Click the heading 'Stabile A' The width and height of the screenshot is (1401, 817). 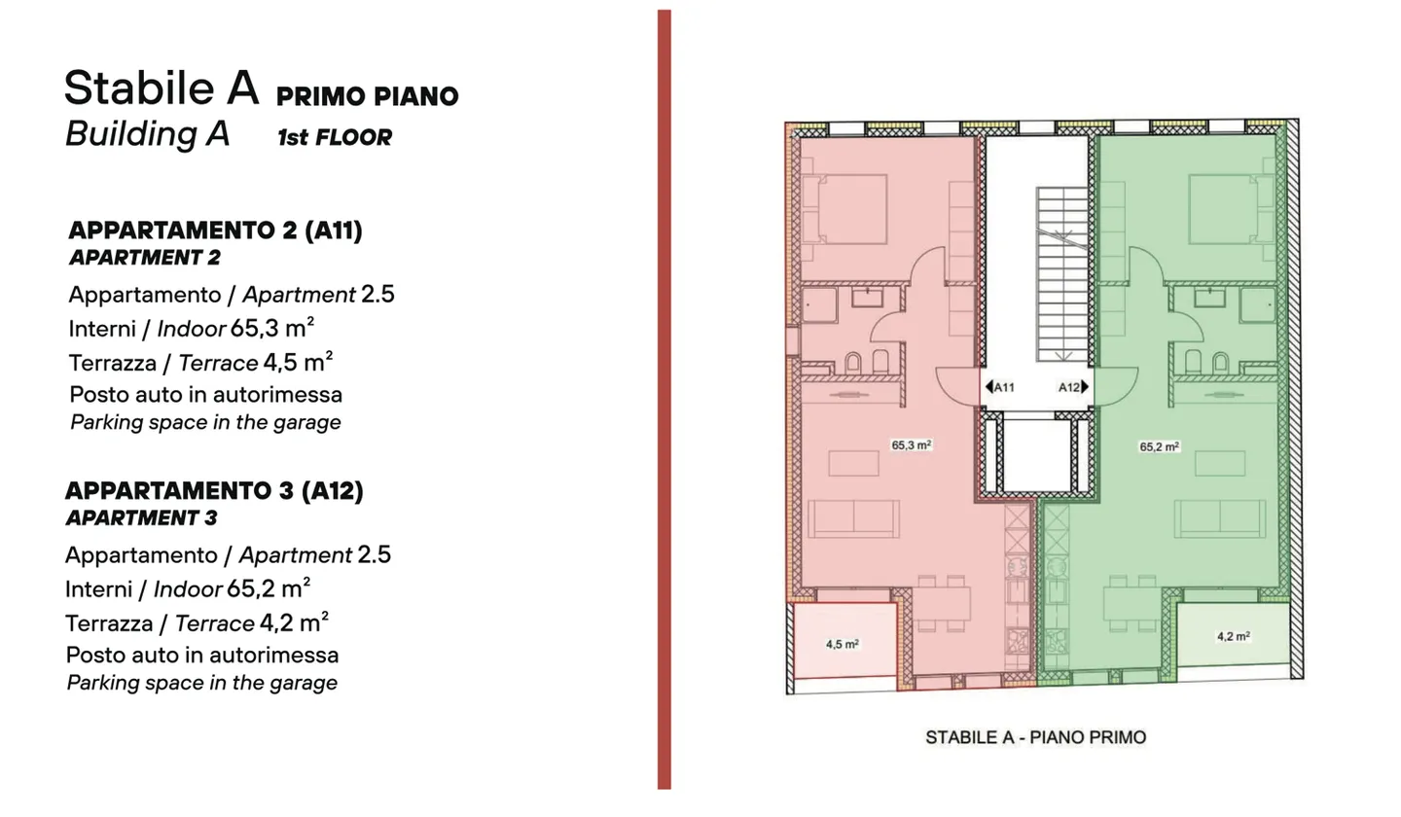click(x=162, y=89)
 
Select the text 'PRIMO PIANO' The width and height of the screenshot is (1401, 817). click(x=367, y=96)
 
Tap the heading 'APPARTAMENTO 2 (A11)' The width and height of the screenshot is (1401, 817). click(x=215, y=231)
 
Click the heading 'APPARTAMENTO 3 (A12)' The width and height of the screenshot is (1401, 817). click(x=214, y=491)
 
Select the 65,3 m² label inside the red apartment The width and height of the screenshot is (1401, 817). click(x=912, y=445)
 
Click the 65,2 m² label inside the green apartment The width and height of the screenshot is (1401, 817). click(x=1160, y=447)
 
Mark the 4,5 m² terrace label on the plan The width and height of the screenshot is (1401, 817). click(x=842, y=644)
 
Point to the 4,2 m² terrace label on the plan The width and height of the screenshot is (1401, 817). click(x=1233, y=637)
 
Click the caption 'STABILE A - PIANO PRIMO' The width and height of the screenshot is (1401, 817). click(x=1035, y=737)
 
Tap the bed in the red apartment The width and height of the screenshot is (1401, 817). click(x=851, y=208)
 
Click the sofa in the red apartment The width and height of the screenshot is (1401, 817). click(x=853, y=518)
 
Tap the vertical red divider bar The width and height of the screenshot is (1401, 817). click(x=664, y=399)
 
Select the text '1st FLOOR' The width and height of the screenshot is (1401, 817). click(x=334, y=138)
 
